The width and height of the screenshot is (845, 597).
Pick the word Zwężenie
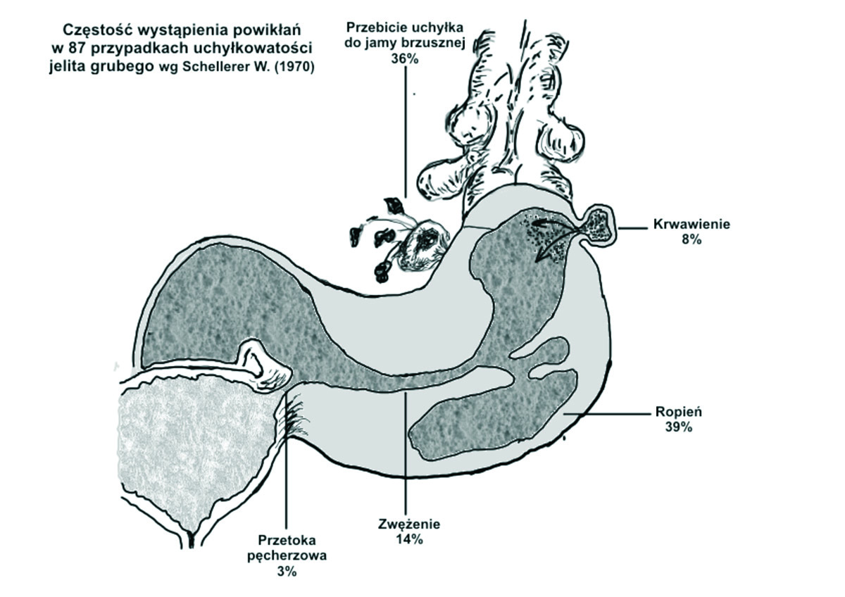pyautogui.click(x=408, y=525)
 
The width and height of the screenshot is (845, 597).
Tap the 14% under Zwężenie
pyautogui.click(x=408, y=540)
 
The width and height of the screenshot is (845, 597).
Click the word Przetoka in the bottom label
pyautogui.click(x=287, y=541)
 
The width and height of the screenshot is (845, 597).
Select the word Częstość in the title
pyautogui.click(x=90, y=30)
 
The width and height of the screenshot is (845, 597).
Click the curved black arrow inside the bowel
pyautogui.click(x=548, y=247)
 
